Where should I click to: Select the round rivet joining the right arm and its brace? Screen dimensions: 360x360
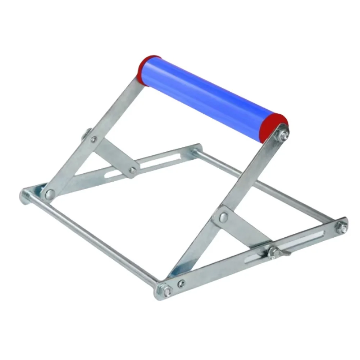point(223,217)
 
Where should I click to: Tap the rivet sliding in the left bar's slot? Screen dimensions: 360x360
point(133,170)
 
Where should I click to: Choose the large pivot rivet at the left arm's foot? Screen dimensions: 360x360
point(50,194)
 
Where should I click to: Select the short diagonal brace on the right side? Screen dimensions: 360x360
point(245,230)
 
